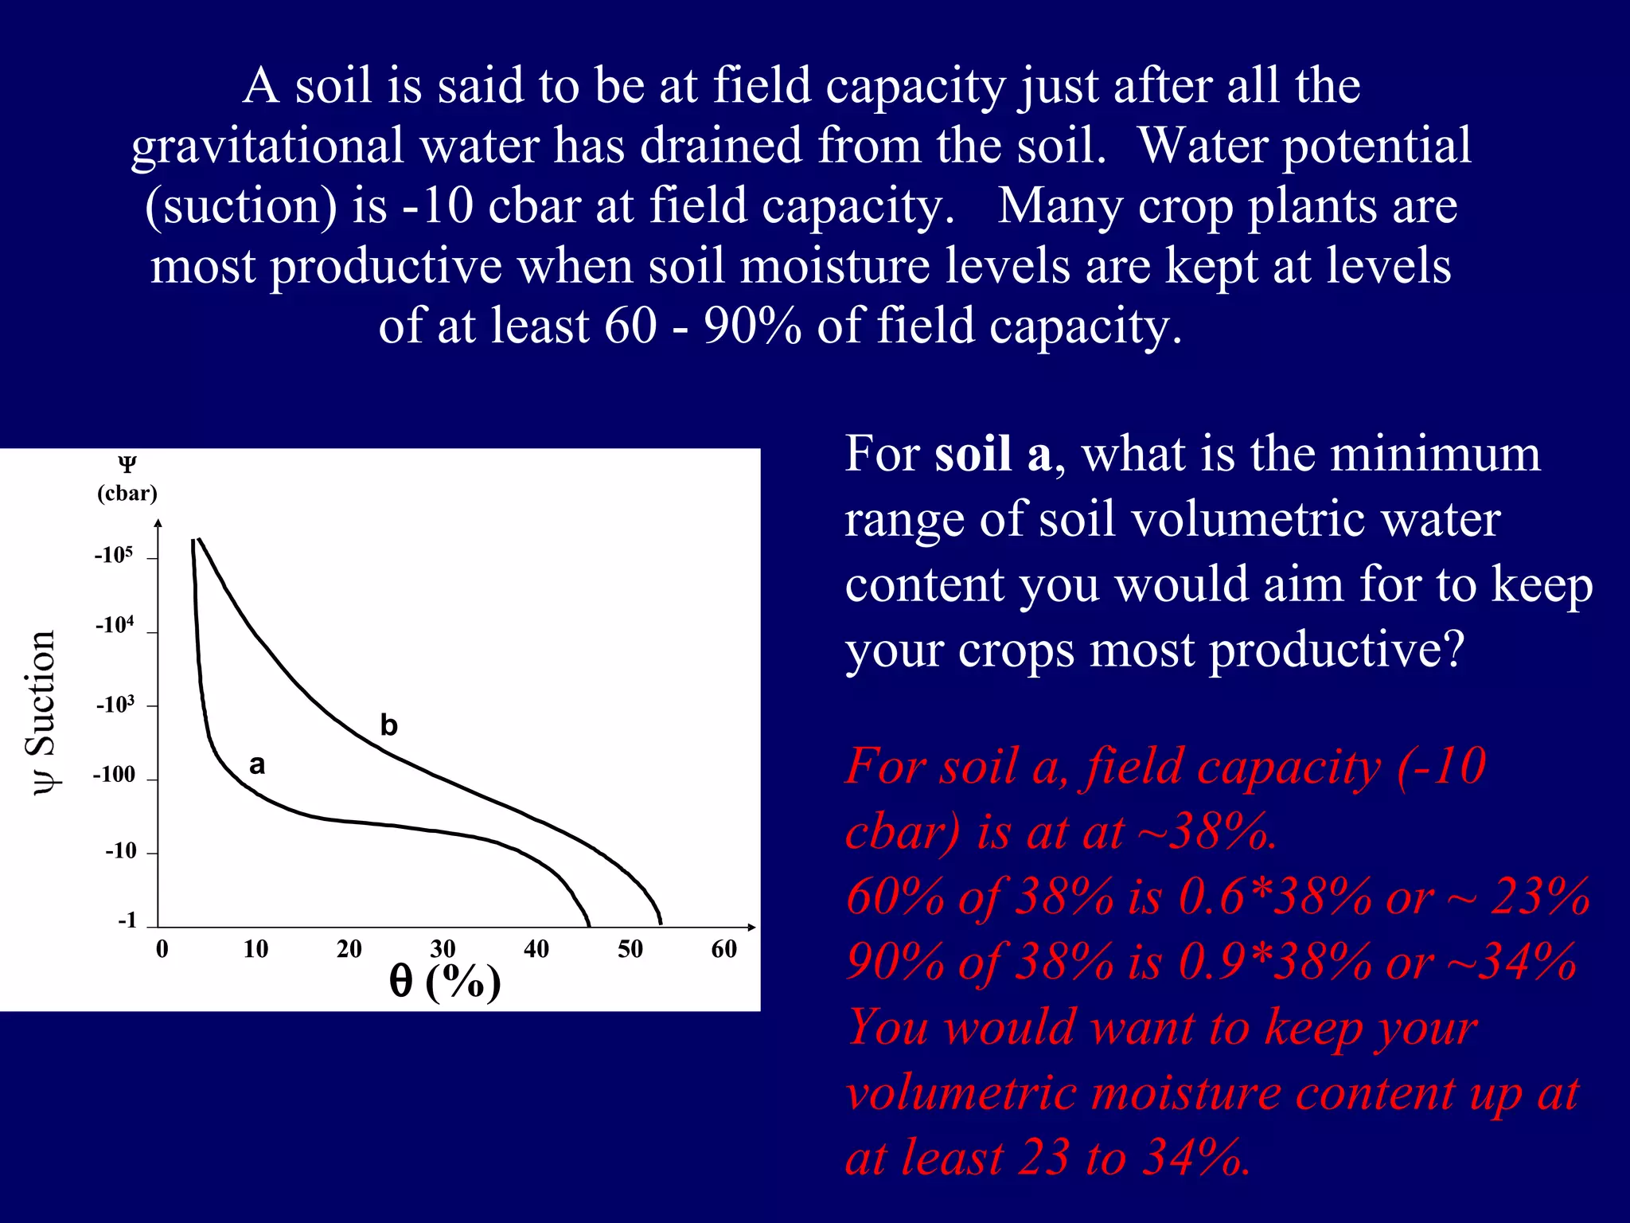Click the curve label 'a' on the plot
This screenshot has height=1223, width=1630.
click(256, 765)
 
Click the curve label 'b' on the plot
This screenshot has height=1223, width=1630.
click(388, 725)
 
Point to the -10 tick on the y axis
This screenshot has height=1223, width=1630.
click(122, 851)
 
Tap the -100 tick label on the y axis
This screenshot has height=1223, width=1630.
click(114, 775)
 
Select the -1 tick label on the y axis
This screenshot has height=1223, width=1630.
click(127, 921)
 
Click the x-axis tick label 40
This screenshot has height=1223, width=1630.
click(536, 949)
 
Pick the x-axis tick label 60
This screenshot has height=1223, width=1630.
click(723, 949)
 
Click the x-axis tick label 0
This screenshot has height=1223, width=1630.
click(162, 949)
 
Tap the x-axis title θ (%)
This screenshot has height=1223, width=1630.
click(445, 982)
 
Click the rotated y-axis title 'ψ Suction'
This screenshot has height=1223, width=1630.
click(41, 712)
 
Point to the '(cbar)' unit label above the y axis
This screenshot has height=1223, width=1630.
click(127, 494)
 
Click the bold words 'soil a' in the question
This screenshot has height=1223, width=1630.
click(992, 455)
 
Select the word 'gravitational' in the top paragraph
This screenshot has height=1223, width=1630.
click(268, 147)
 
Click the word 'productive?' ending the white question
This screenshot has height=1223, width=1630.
click(1336, 651)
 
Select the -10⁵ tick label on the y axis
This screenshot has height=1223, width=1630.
click(114, 555)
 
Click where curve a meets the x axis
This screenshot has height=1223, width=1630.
click(589, 926)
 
